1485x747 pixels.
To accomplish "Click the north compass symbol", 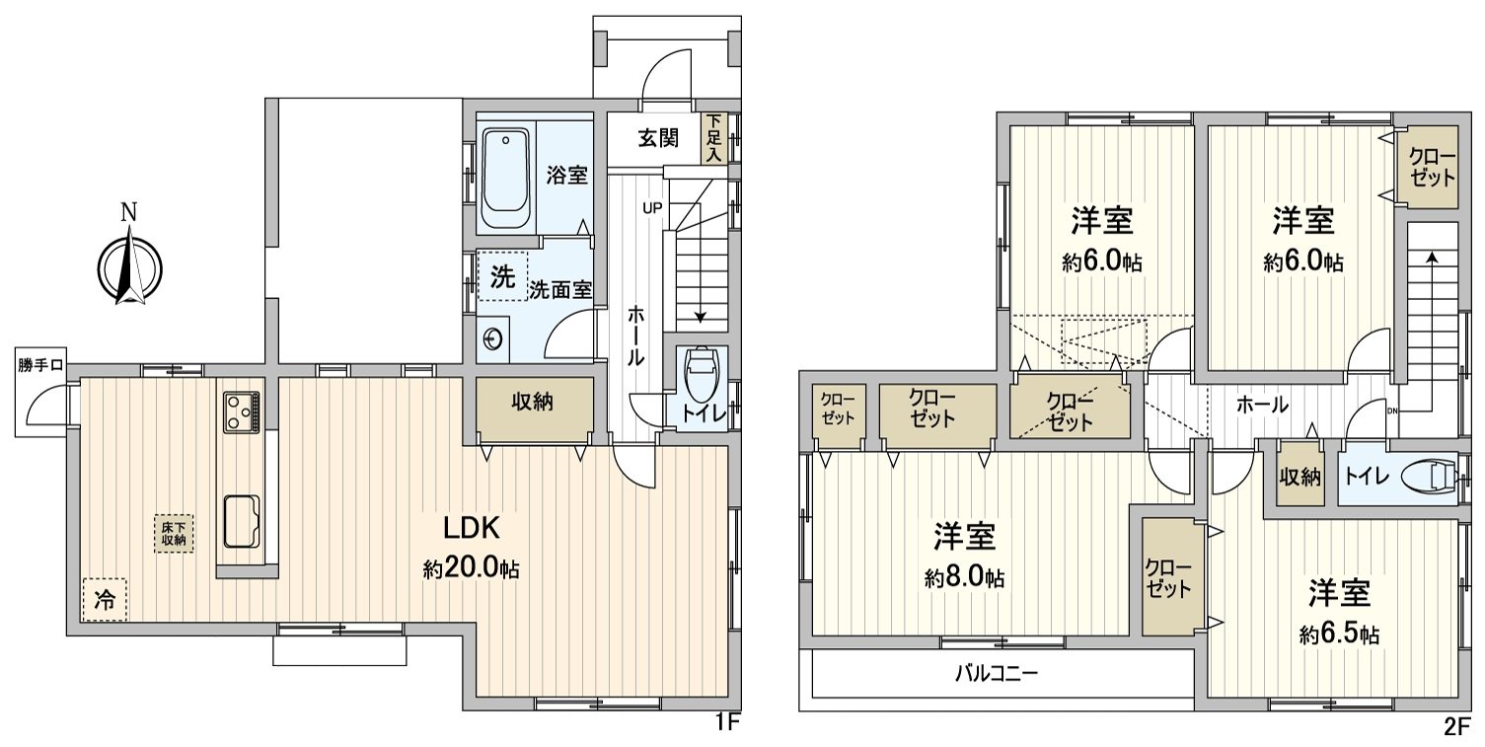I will click(x=129, y=265).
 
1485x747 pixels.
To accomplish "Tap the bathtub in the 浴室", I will click(x=506, y=178).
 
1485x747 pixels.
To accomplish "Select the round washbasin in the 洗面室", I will click(x=493, y=339).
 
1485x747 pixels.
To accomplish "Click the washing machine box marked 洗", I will click(x=502, y=277).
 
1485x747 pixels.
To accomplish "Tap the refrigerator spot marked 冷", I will click(x=104, y=598).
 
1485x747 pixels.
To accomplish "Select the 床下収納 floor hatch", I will click(x=174, y=534).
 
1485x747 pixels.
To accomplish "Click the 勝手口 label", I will click(x=40, y=365).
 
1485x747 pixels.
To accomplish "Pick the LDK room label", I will click(x=472, y=529).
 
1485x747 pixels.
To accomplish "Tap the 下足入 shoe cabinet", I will click(x=713, y=138).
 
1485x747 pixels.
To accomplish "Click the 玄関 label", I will click(x=657, y=138).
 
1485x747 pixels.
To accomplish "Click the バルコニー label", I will click(x=996, y=675).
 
